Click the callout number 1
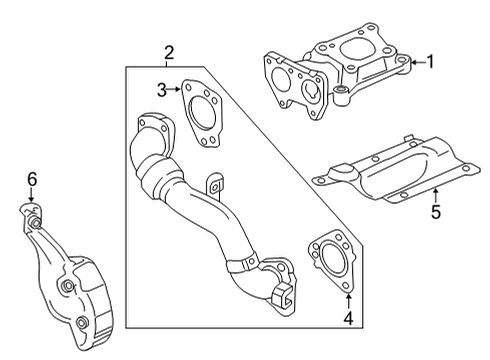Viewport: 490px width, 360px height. click(x=431, y=62)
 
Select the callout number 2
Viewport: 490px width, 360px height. click(x=169, y=52)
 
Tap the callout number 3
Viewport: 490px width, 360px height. click(x=160, y=90)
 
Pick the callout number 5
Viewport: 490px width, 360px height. click(x=435, y=211)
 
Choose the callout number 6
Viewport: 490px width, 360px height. click(x=32, y=178)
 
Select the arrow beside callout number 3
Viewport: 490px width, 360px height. click(x=176, y=90)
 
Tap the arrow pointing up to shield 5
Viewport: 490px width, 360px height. click(x=435, y=193)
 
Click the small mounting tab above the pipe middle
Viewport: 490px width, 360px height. click(x=213, y=186)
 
